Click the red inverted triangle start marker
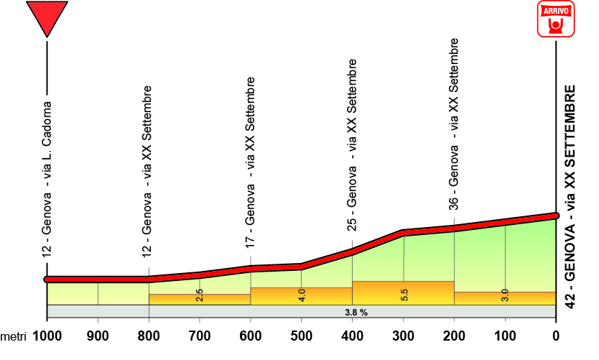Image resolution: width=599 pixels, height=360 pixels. point(47,17)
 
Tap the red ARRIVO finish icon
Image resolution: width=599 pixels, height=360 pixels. point(556,19)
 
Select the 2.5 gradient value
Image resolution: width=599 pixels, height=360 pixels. point(200,295)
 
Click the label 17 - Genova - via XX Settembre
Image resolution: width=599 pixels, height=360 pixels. point(251,162)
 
